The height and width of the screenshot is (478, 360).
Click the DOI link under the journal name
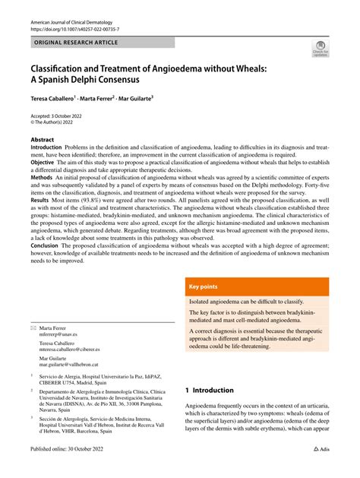coord(74,31)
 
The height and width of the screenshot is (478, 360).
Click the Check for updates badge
coord(320,49)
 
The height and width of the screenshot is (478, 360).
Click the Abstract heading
coord(43,140)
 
